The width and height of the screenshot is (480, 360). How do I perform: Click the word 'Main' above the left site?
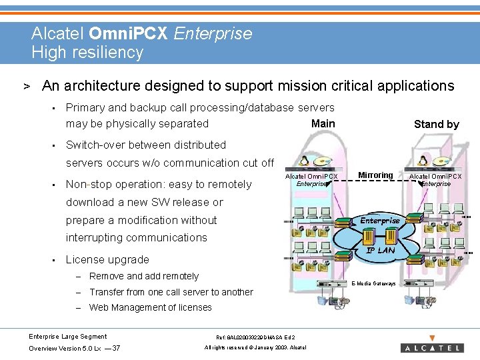click(x=323, y=123)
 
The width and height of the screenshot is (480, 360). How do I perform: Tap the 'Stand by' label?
click(x=436, y=124)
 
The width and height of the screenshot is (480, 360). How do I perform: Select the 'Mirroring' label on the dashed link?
click(x=375, y=175)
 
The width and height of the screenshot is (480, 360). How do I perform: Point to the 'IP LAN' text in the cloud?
click(x=380, y=250)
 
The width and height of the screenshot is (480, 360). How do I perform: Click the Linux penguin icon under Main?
click(x=305, y=161)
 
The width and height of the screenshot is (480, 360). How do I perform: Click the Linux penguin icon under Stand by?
click(x=423, y=161)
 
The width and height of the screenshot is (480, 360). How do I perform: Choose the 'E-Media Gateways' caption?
click(x=373, y=283)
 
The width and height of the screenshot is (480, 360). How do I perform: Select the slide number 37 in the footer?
click(x=116, y=348)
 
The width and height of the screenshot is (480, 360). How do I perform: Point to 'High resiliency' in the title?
click(x=87, y=52)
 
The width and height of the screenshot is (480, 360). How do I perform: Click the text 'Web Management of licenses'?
click(x=150, y=307)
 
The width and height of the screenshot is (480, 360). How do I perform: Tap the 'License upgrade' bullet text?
click(x=107, y=259)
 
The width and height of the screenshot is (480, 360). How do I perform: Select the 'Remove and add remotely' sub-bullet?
click(x=144, y=276)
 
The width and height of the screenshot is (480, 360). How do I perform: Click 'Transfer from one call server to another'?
click(x=171, y=292)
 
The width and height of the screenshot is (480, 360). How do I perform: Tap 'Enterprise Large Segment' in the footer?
click(x=68, y=337)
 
